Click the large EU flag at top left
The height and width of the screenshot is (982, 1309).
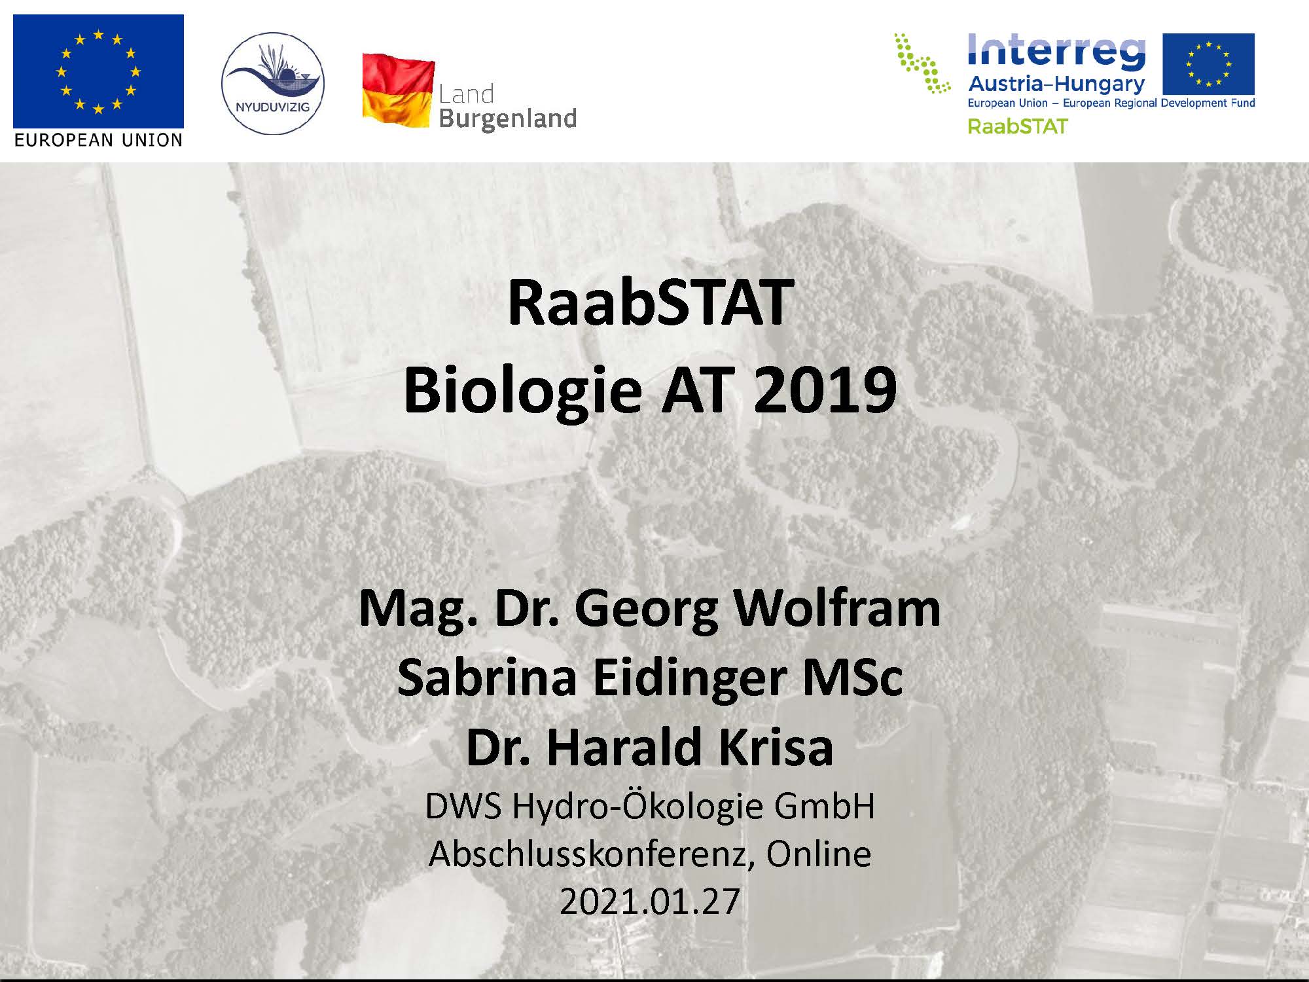pos(98,71)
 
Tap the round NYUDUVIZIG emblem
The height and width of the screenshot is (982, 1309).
pos(273,84)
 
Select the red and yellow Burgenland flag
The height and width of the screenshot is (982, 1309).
pos(398,91)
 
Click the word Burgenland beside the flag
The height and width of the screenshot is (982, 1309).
pos(508,119)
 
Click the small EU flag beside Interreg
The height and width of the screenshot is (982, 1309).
pos(1209,64)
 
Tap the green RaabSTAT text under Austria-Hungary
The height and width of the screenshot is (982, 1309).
pos(1018,126)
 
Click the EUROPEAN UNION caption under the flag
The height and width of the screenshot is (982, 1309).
pos(98,140)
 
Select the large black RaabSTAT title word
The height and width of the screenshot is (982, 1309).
pos(651,302)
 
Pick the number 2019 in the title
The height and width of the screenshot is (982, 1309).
pos(825,390)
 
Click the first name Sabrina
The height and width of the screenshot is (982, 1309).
pos(487,678)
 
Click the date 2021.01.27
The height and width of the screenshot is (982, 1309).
pos(650,901)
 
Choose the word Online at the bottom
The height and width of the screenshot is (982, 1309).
pos(819,854)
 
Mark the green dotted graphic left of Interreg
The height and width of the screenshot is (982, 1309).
pos(922,63)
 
